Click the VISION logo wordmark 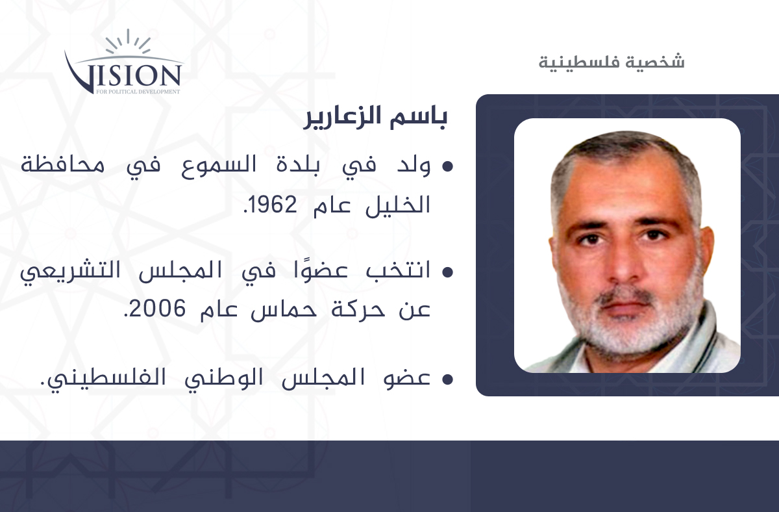pyautogui.click(x=123, y=74)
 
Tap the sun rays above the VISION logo pyautogui.click(x=128, y=42)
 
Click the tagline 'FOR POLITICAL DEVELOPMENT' pyautogui.click(x=138, y=92)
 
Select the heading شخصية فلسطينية pyautogui.click(x=612, y=62)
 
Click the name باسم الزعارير pyautogui.click(x=375, y=117)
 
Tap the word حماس pyautogui.click(x=284, y=309)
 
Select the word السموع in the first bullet pyautogui.click(x=219, y=165)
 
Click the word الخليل pyautogui.click(x=398, y=205)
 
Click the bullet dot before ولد pyautogui.click(x=447, y=167)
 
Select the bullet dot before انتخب pyautogui.click(x=447, y=272)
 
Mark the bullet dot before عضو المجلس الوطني pyautogui.click(x=447, y=379)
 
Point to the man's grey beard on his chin pyautogui.click(x=626, y=331)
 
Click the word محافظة pyautogui.click(x=62, y=164)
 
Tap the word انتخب pyautogui.click(x=398, y=271)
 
